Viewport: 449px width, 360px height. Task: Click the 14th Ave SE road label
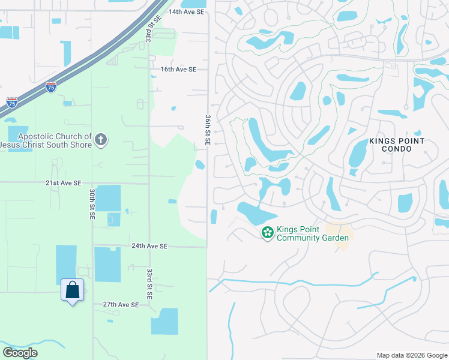point(187,11)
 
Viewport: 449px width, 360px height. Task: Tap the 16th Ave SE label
point(178,70)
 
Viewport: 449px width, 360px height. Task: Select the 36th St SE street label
point(208,129)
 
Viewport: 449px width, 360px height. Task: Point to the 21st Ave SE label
point(62,182)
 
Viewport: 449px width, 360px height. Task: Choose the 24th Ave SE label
point(149,246)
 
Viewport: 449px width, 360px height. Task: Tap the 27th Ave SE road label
point(121,305)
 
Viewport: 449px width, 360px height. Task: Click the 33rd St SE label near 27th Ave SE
point(149,284)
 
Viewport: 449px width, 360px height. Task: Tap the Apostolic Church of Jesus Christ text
point(46,141)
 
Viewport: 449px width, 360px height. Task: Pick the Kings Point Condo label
point(397,145)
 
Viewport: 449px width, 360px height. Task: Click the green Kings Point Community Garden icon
point(268,232)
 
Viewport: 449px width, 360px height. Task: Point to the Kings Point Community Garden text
point(312,234)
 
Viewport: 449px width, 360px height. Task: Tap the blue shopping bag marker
point(72,290)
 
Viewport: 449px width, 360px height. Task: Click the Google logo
point(20,353)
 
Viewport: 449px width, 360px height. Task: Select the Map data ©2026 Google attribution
point(412,355)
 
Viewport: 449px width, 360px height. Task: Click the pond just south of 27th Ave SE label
point(164,321)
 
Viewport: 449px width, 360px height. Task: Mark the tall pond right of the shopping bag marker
point(107,264)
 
